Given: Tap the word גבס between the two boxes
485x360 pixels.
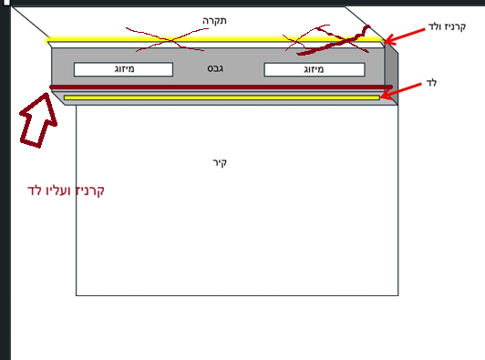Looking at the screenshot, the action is click(x=215, y=69).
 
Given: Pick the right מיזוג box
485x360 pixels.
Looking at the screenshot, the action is click(x=314, y=69).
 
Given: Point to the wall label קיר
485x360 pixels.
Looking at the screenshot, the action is click(x=218, y=162).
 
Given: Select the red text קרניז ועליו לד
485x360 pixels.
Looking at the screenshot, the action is click(x=67, y=190).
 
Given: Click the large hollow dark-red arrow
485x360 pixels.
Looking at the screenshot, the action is click(x=37, y=119).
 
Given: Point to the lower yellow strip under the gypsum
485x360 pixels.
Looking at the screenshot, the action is click(x=219, y=98).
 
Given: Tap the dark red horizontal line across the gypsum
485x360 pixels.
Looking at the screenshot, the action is click(x=219, y=88).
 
